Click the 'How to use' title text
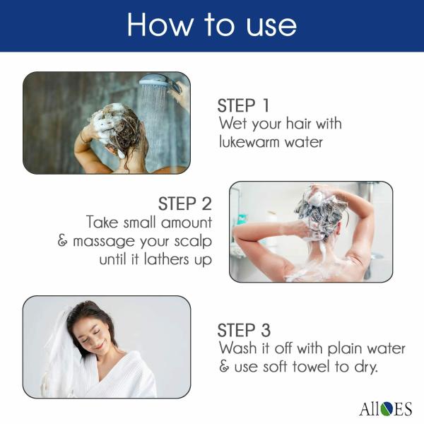[x=212, y=25]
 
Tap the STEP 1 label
[x=243, y=106]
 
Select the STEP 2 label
[x=185, y=204]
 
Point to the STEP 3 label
[x=244, y=330]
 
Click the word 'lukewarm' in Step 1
[x=251, y=141]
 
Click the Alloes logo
[x=384, y=408]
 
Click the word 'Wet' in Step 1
[x=232, y=124]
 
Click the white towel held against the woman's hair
[x=60, y=353]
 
